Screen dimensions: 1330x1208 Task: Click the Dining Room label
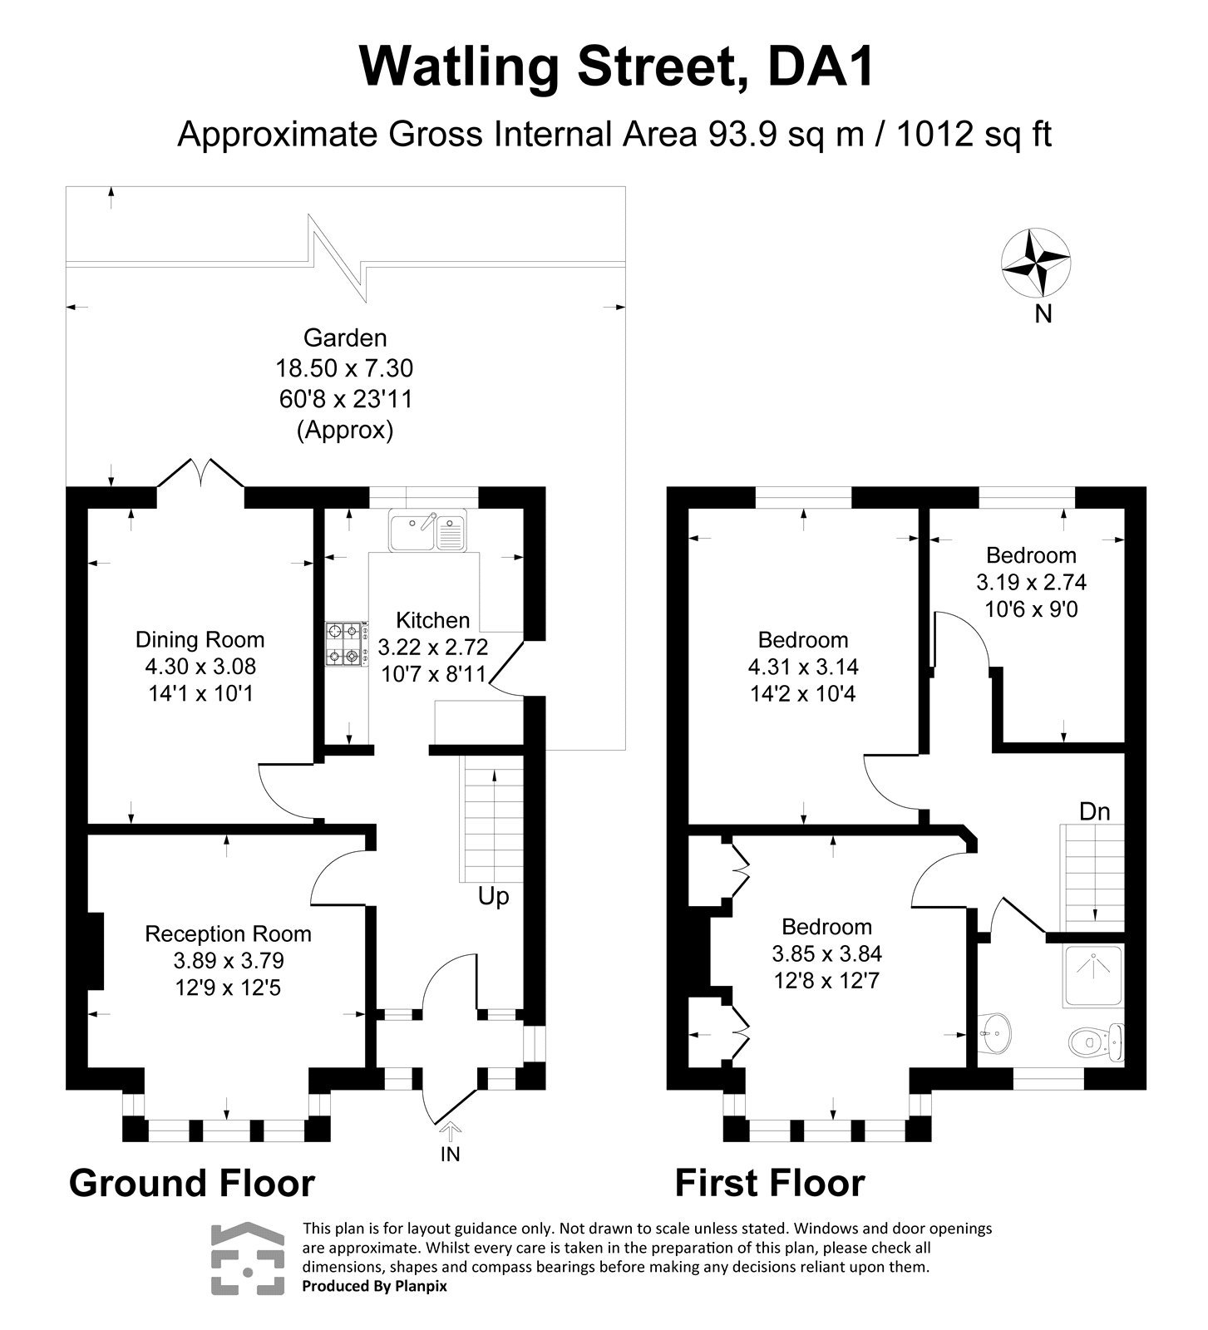tap(200, 640)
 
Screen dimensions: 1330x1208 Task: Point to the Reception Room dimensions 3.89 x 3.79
tap(229, 961)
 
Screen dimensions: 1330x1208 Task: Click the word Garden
tap(345, 338)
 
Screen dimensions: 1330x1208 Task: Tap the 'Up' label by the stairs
tap(493, 897)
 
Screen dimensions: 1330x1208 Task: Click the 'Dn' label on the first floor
tap(1094, 812)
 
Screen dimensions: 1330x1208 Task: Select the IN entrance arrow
tap(450, 1132)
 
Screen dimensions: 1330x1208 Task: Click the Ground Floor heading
tap(192, 1183)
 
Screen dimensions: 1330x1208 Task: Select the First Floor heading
tap(769, 1183)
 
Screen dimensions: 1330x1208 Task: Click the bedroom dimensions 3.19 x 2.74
tap(1031, 582)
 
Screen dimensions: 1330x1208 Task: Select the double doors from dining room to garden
tap(200, 474)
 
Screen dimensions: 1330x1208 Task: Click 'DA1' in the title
tap(819, 66)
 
